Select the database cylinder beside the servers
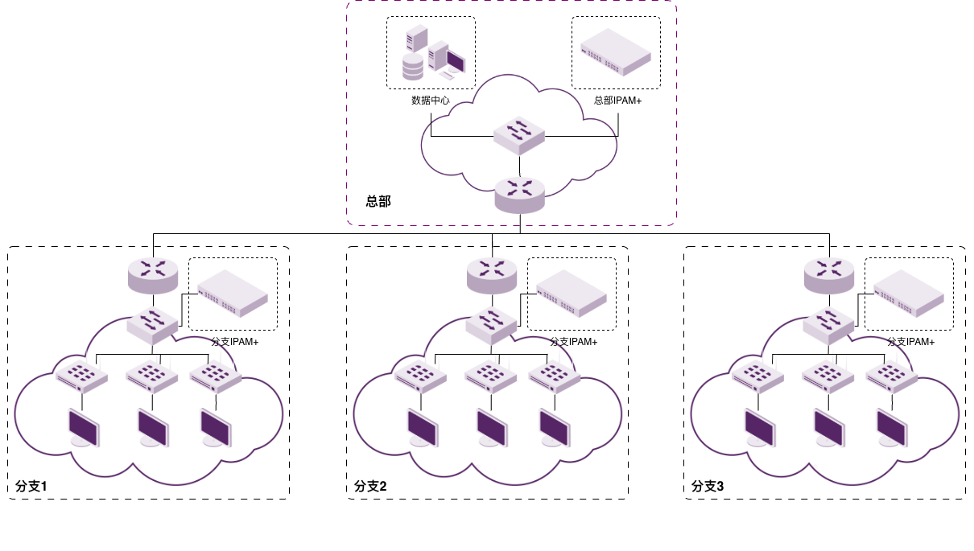tap(412, 67)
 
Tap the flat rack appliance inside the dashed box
tap(616, 51)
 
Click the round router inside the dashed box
tap(519, 195)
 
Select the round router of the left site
tap(153, 275)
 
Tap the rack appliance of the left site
tap(233, 293)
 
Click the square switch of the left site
tap(153, 325)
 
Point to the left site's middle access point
tap(152, 375)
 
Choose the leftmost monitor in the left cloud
tap(84, 428)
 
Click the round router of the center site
tap(492, 275)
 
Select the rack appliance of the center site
tap(572, 293)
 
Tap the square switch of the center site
tap(492, 325)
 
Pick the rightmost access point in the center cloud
tap(555, 375)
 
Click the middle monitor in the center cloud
tap(492, 428)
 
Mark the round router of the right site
tap(829, 275)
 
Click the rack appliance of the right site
tap(909, 293)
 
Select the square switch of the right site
tap(829, 325)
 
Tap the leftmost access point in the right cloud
tap(757, 375)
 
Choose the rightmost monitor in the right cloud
tap(892, 428)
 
